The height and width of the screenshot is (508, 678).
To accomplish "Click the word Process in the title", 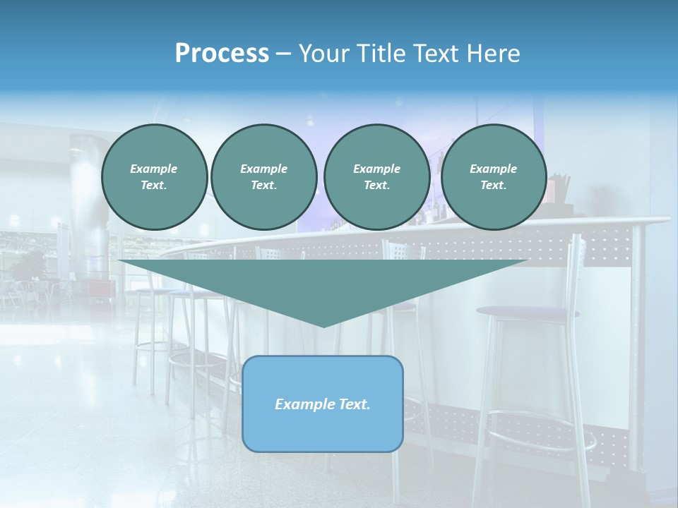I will coord(222,54).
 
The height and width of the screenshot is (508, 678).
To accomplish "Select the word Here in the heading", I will coord(494,54).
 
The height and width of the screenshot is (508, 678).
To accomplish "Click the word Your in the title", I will coord(323,54).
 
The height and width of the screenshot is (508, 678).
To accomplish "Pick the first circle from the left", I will coord(155,177).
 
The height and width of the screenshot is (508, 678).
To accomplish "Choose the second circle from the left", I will coord(264,177).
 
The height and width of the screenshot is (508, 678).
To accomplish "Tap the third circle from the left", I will coord(376,177).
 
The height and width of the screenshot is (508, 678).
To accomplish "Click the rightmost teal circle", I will coord(494,177).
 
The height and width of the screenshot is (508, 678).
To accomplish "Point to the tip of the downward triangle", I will coord(323,325).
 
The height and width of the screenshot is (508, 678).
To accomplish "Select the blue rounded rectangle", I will coord(323,430).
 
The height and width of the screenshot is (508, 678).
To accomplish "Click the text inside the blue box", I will coord(323,404).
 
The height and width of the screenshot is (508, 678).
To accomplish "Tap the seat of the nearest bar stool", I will coord(526,312).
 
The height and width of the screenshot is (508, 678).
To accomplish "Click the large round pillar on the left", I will coord(89,205).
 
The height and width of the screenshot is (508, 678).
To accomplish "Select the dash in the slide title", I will coord(282,54).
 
